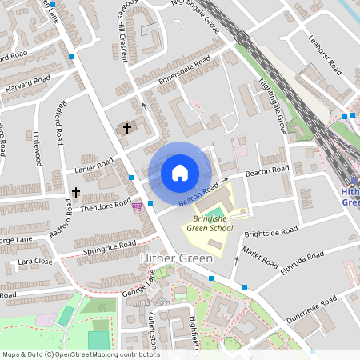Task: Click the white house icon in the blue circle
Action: click(180, 173)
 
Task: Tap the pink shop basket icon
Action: click(137, 206)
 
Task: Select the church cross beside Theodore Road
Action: click(76, 193)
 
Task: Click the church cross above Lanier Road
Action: click(126, 128)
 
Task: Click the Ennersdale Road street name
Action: click(185, 70)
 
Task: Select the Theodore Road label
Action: click(105, 206)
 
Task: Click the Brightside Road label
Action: click(270, 233)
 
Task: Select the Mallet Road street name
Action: click(260, 259)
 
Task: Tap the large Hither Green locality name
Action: click(176, 258)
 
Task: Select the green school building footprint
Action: click(230, 210)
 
